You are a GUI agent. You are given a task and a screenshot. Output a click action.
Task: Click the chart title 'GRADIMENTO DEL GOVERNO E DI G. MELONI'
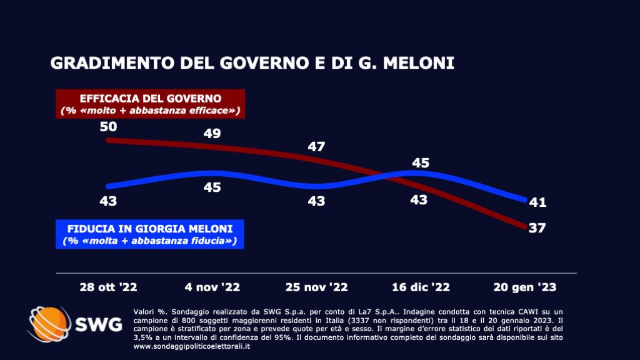tap(251, 64)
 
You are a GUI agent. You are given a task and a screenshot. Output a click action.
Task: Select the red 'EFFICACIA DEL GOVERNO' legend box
tap(151, 104)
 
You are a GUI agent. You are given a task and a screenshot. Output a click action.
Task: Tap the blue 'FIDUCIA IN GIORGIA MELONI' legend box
tap(149, 234)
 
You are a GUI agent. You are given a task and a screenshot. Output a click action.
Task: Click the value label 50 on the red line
tap(108, 127)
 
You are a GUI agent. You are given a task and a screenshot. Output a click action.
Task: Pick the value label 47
tap(317, 147)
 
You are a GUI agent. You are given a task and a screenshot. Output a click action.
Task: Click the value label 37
tap(537, 227)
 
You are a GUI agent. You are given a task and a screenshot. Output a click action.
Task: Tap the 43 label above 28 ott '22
tap(108, 201)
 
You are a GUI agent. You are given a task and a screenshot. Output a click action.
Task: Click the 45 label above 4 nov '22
tap(212, 187)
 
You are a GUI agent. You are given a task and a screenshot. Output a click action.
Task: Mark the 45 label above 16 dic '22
tap(421, 162)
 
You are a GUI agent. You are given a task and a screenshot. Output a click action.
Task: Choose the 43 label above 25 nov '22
tap(317, 201)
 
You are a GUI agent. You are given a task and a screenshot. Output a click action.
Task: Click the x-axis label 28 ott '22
tap(108, 287)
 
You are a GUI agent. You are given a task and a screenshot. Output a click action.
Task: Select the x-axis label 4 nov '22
tap(212, 287)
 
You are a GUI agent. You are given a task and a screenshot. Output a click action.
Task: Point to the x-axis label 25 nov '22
tap(317, 287)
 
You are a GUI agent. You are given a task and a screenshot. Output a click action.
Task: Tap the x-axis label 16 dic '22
tap(421, 287)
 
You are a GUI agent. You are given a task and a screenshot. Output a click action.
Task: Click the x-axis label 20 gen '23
tap(526, 287)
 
